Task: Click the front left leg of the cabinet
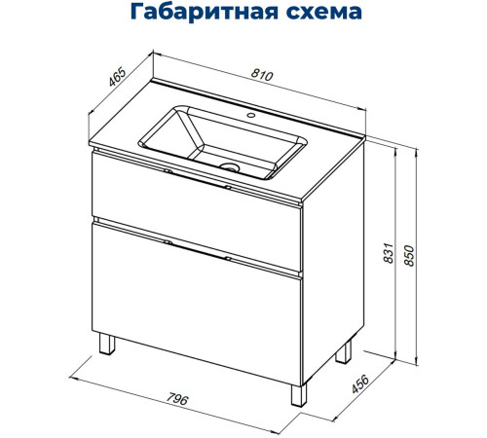tap(106, 347)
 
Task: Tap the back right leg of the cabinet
tap(344, 351)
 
